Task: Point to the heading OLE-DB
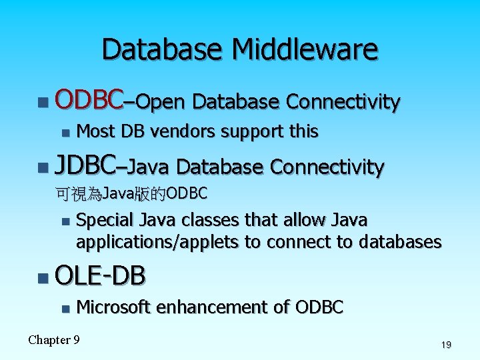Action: [101, 275]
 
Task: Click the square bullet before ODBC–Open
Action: [43, 102]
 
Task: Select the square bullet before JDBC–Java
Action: [43, 167]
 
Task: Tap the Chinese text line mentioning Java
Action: [132, 194]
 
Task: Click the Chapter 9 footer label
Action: [54, 340]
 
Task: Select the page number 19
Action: [446, 345]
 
